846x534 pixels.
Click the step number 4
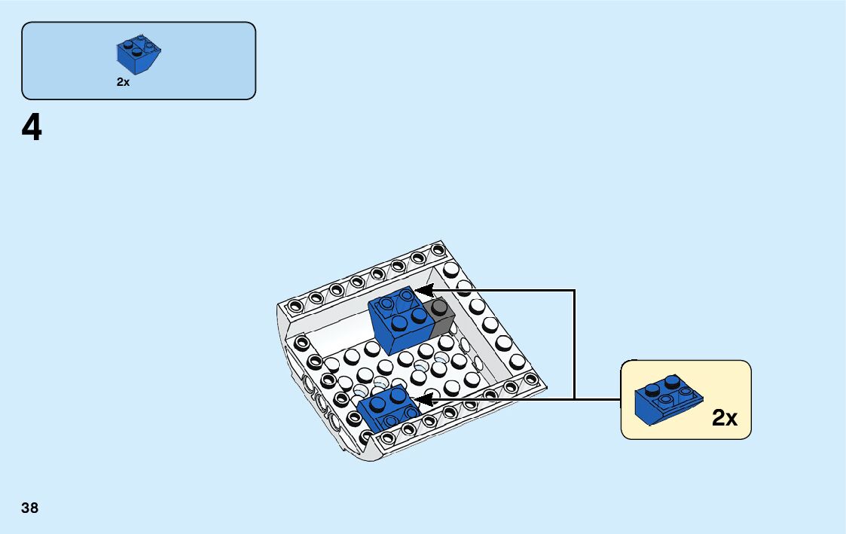point(32,129)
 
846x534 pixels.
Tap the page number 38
point(30,508)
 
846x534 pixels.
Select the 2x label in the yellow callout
point(725,419)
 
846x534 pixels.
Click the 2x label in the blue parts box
point(123,83)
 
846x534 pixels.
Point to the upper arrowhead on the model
point(423,290)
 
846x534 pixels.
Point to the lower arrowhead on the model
point(423,399)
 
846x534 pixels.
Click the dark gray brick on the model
point(439,317)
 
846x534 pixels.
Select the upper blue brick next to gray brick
point(399,316)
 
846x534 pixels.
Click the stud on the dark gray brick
point(436,307)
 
